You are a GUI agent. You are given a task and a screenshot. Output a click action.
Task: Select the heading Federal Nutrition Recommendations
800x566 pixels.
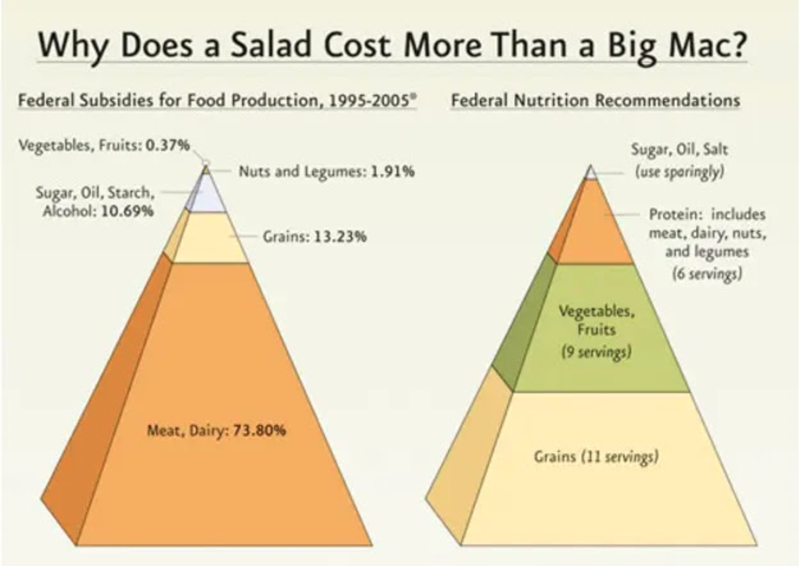point(595,101)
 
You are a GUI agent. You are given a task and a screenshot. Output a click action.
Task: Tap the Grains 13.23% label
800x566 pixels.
point(315,238)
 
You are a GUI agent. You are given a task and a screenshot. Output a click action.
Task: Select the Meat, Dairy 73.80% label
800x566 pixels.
point(216,430)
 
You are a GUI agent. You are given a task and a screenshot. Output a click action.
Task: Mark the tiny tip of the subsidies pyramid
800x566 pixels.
point(206,170)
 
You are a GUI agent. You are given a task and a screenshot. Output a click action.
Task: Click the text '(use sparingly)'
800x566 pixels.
point(679,173)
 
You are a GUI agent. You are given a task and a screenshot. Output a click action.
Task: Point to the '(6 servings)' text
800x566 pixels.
point(707,274)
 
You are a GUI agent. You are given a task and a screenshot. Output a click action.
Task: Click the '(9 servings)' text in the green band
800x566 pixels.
point(596,352)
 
